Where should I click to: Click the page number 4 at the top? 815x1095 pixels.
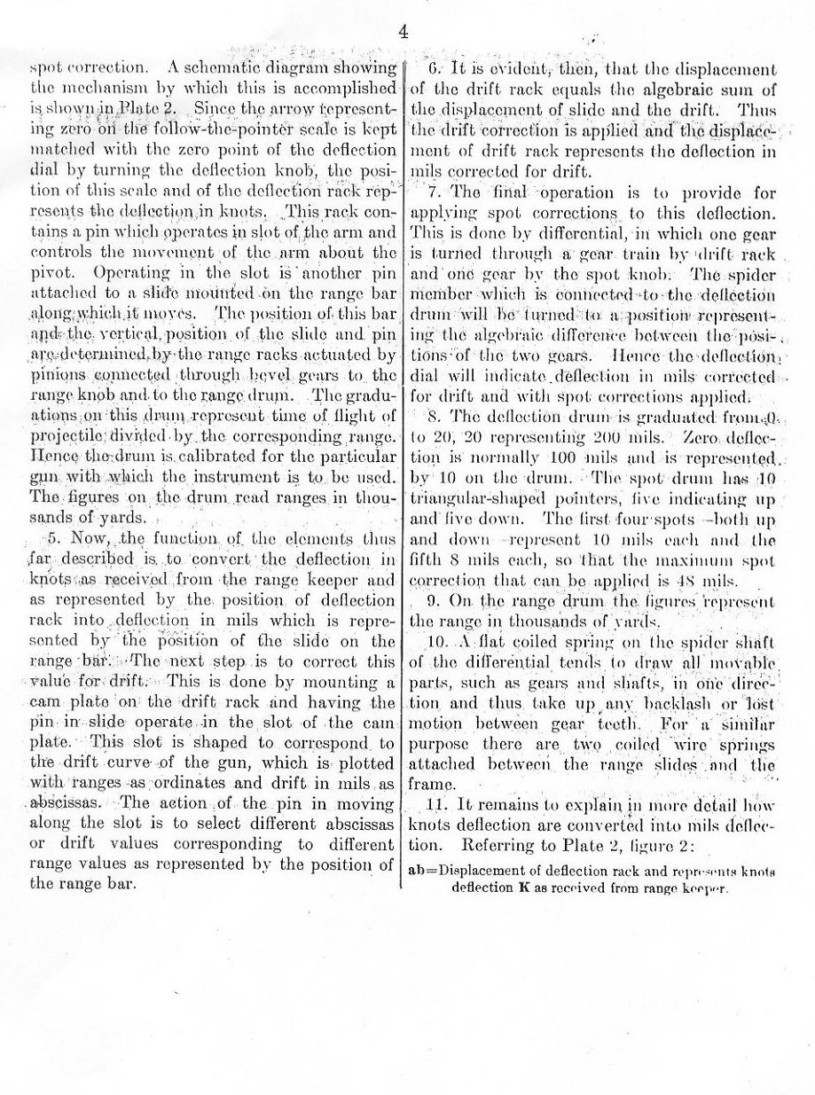tap(403, 35)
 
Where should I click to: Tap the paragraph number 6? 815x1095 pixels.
tap(435, 68)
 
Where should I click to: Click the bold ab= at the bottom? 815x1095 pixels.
tap(422, 870)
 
